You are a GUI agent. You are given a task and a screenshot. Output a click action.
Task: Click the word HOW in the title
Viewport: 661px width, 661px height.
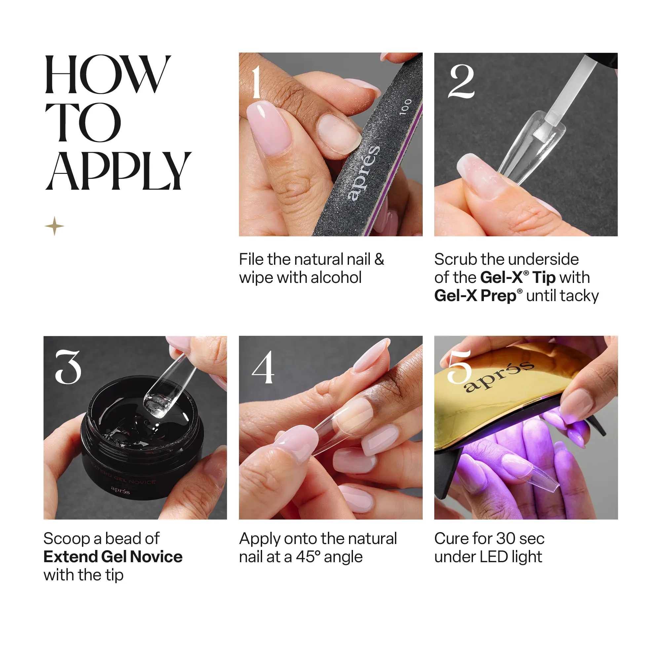(107, 74)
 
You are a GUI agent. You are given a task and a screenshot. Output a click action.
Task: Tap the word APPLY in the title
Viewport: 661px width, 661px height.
(118, 171)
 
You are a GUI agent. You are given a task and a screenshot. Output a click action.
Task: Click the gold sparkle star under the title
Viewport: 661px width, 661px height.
(55, 226)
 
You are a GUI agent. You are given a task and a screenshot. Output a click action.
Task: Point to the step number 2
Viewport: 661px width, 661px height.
(461, 81)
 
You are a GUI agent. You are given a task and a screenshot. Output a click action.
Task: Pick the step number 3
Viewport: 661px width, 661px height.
(68, 367)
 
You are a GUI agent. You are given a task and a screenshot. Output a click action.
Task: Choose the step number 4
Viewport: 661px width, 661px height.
(263, 367)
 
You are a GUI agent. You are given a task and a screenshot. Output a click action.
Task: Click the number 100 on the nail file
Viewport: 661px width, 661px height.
(406, 107)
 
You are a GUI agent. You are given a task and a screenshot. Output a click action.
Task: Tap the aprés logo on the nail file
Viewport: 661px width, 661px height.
(363, 173)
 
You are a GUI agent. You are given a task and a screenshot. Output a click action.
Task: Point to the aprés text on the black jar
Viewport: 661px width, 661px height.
(120, 490)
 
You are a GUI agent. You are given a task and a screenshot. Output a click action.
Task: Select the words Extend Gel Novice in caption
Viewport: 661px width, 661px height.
(113, 557)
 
